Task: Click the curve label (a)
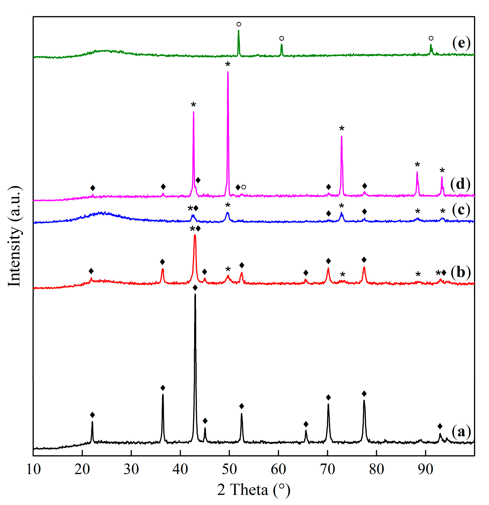click(x=461, y=431)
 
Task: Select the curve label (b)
click(x=461, y=272)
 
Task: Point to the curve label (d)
click(x=460, y=184)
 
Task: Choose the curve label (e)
click(x=461, y=43)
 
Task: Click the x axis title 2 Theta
click(x=254, y=490)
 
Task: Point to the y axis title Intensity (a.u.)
click(x=15, y=236)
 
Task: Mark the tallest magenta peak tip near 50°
click(x=228, y=72)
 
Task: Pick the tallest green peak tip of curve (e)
click(x=239, y=30)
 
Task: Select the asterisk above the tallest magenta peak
click(x=228, y=64)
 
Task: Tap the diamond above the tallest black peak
click(x=195, y=288)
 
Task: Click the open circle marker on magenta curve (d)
click(x=244, y=187)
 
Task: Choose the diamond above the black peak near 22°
click(x=92, y=415)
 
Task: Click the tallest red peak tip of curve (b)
click(x=195, y=235)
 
